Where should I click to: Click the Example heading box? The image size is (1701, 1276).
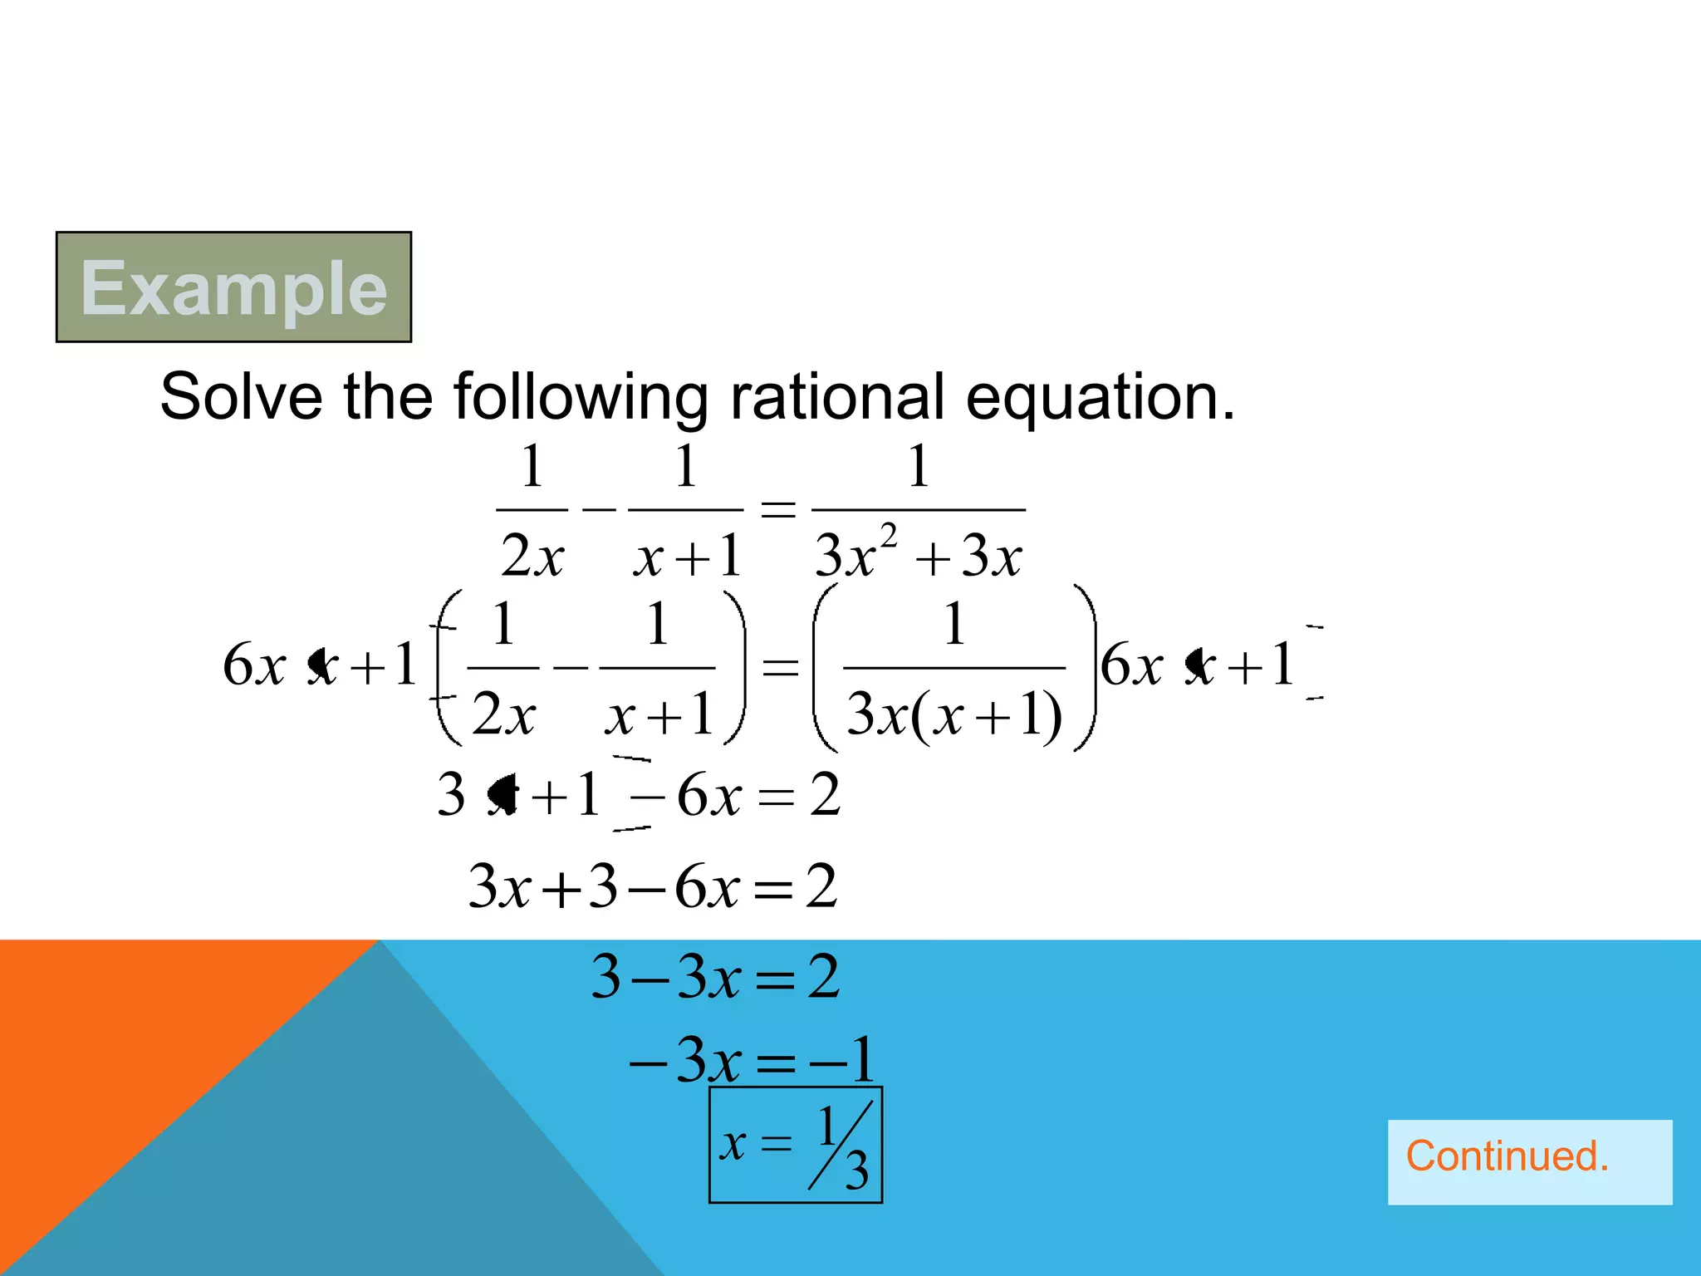pos(233,287)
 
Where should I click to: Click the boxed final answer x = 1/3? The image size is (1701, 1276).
pos(795,1145)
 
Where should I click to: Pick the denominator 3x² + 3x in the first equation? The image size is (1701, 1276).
pos(918,554)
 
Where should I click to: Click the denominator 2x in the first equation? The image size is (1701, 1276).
pos(532,555)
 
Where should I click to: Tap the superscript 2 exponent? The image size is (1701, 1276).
pos(888,536)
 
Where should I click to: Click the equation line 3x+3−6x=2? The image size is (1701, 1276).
pos(653,886)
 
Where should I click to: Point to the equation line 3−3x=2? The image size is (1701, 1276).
pos(715,977)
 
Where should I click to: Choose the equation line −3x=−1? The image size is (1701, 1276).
pos(752,1060)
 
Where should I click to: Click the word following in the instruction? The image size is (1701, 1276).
pos(581,398)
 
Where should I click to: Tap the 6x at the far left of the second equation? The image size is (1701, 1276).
pos(253,665)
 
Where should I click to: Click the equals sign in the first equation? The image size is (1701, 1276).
pos(778,508)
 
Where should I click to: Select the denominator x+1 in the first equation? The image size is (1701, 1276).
pos(687,556)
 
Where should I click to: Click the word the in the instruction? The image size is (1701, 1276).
pos(388,396)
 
